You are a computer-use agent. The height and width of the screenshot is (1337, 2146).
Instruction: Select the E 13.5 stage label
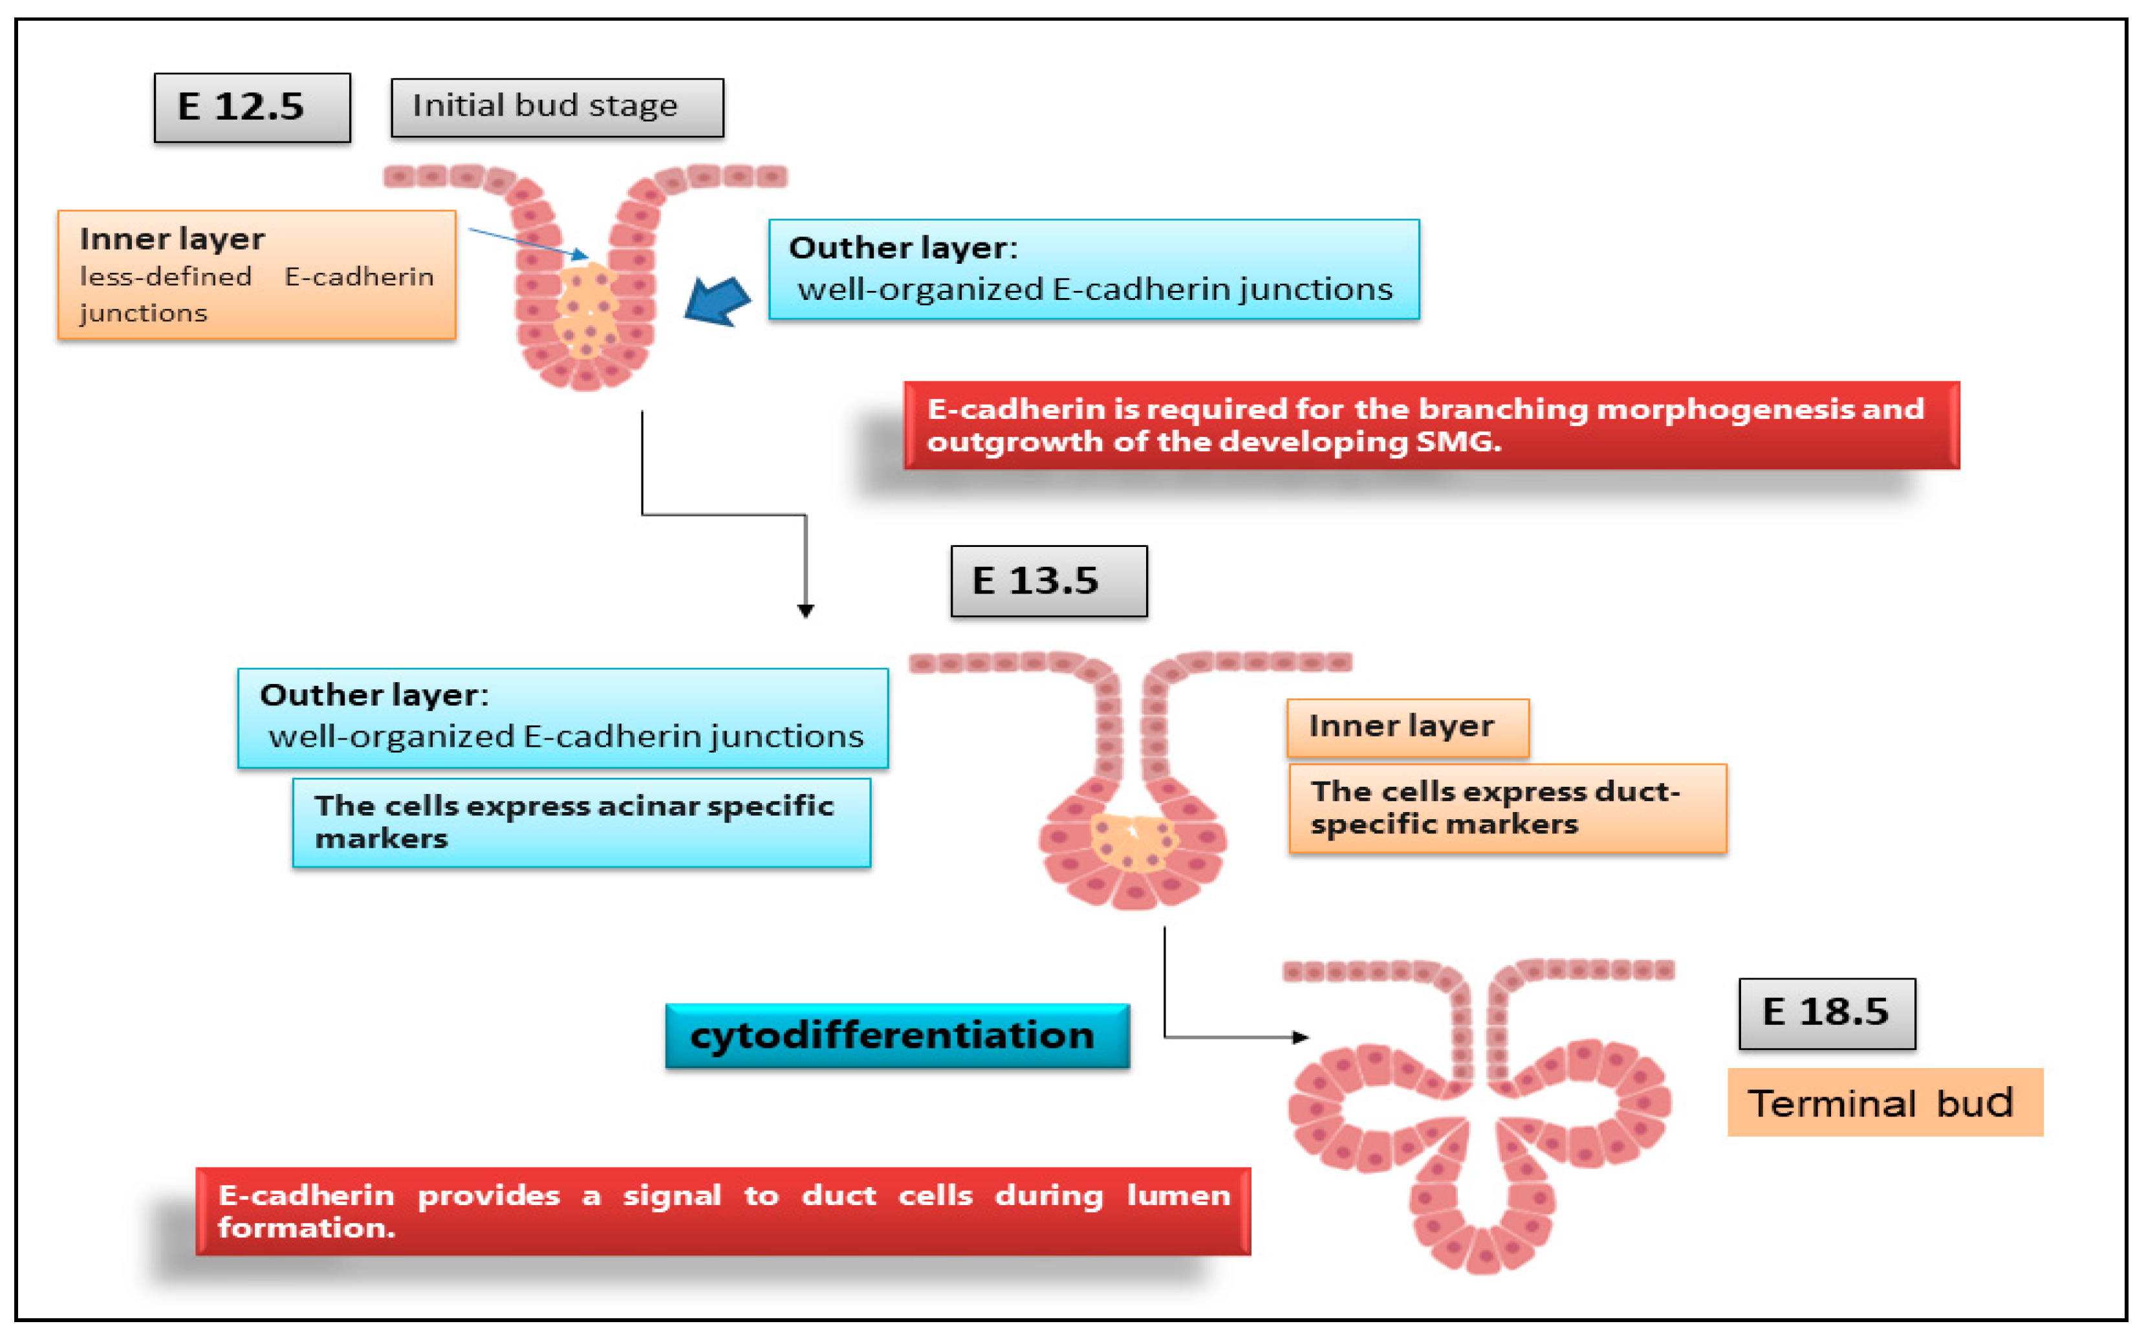(1048, 581)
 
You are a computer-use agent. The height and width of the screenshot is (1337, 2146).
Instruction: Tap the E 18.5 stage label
(1826, 1013)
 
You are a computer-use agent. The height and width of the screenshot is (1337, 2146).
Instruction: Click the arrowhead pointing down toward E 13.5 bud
(805, 611)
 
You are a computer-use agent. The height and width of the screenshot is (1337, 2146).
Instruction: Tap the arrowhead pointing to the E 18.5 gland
(1299, 1037)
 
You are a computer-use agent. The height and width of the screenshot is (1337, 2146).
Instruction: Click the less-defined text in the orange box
(166, 277)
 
